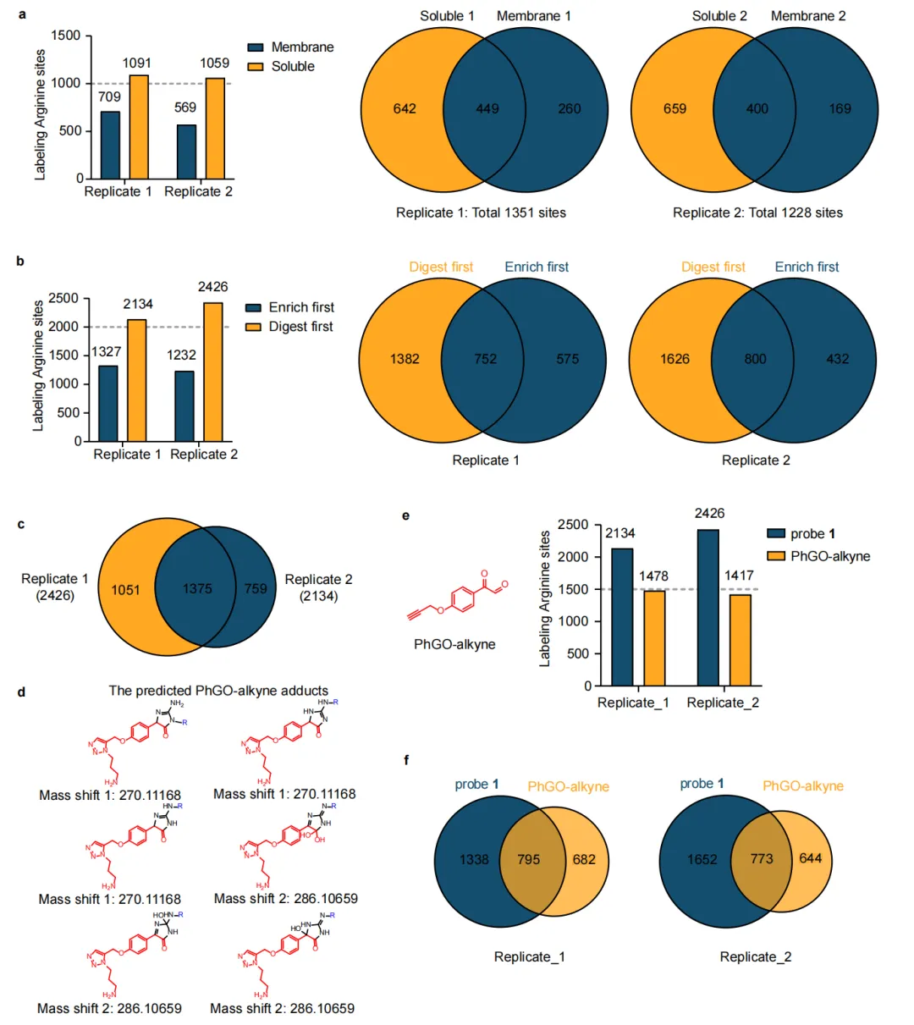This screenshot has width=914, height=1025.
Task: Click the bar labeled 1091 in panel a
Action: pos(139,127)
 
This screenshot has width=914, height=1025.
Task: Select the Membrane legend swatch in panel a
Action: pos(256,47)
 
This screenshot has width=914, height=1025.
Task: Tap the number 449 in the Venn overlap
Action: pos(487,108)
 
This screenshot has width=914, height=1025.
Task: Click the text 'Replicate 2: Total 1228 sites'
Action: pos(757,212)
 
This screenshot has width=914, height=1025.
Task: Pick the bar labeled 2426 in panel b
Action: pos(213,372)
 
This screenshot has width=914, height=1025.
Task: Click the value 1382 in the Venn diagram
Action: pos(405,359)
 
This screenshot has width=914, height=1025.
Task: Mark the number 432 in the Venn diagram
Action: pos(837,359)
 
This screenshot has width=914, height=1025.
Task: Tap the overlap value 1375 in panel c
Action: pos(197,588)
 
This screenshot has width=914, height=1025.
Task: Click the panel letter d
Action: pos(21,692)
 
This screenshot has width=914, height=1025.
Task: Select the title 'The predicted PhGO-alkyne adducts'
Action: pos(218,691)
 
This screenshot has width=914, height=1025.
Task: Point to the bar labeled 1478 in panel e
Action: pos(654,637)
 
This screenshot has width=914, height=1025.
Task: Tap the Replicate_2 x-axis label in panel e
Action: pos(723,703)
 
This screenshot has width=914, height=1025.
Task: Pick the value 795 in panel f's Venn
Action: pos(528,859)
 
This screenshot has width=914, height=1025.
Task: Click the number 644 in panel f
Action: pos(810,858)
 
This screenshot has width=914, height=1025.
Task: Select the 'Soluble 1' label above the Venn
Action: pos(447,16)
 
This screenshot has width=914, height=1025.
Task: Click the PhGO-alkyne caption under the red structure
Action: pos(454,644)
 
